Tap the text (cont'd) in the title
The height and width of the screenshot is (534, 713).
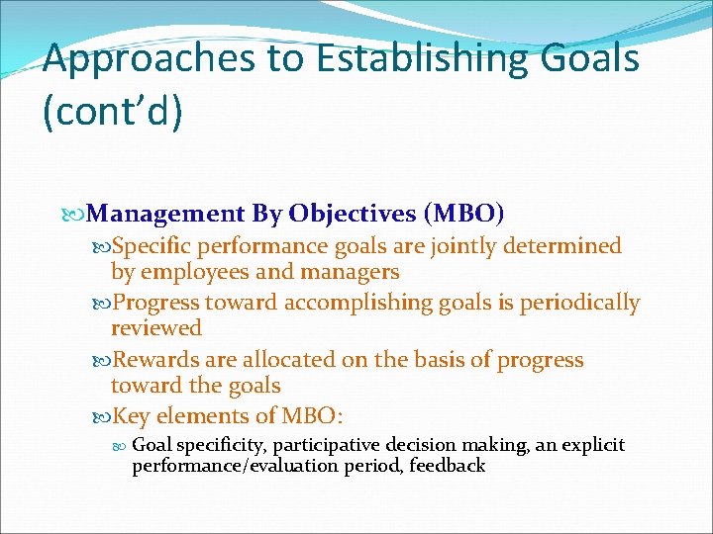[113, 111]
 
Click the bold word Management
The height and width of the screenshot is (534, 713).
[165, 214]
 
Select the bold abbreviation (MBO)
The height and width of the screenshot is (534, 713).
[463, 214]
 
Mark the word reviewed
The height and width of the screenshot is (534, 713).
[155, 327]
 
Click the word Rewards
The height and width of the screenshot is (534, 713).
[154, 360]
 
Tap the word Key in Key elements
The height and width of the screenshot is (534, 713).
[131, 417]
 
